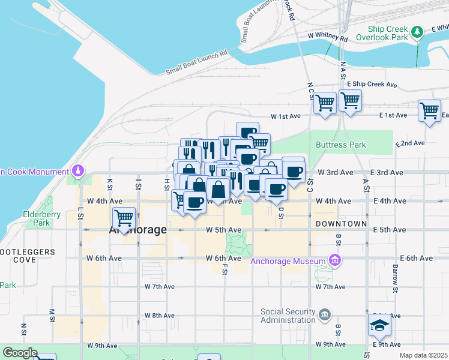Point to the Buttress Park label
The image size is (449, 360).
[x=341, y=145]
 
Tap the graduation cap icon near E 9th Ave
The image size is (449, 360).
[x=379, y=326]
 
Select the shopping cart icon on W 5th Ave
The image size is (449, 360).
[x=124, y=217]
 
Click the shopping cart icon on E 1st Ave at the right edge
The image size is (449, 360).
[x=430, y=110]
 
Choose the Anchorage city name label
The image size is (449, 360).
[x=137, y=230]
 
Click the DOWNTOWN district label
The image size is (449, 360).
[x=341, y=223]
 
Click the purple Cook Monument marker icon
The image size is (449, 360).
[x=77, y=172]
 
